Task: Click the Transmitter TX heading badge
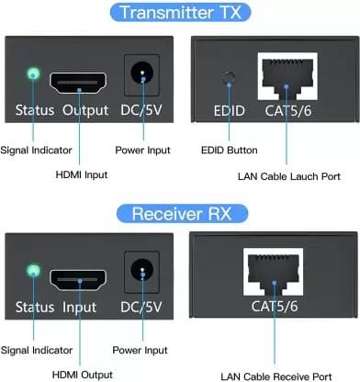tap(180, 12)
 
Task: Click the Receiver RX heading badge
tap(182, 213)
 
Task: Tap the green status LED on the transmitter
tap(33, 73)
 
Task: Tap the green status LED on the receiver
tap(33, 271)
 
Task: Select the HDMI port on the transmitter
tap(78, 83)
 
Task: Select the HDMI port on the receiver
tap(78, 280)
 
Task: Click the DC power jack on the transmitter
tap(142, 73)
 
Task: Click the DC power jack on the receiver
tap(142, 270)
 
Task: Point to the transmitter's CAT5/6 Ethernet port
tap(287, 76)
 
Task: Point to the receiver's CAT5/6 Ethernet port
tap(273, 272)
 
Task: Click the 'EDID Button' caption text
tap(230, 151)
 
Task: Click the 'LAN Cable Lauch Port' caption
tap(289, 176)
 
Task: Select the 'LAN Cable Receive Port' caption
tap(276, 376)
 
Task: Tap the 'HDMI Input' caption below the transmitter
tap(82, 174)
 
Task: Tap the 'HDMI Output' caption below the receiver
tap(83, 375)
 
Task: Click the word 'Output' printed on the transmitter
tap(85, 110)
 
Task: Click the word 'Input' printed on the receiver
tap(79, 307)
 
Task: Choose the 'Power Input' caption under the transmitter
tap(142, 151)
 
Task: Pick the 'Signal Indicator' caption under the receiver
tap(37, 350)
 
